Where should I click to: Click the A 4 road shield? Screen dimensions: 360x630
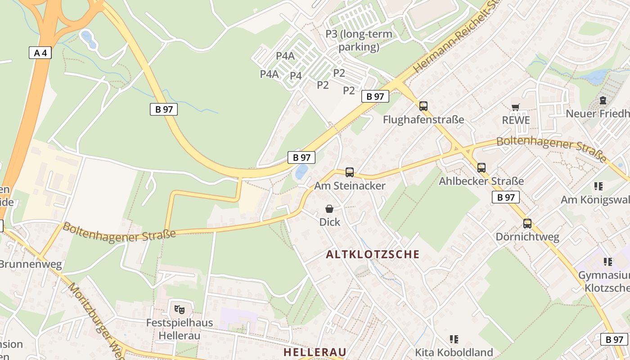(x=40, y=53)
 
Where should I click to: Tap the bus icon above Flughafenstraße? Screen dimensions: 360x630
(x=423, y=106)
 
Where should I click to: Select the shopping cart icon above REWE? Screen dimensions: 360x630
(x=516, y=107)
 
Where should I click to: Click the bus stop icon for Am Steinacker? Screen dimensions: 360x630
(x=350, y=172)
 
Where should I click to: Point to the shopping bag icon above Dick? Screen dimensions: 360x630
(x=329, y=209)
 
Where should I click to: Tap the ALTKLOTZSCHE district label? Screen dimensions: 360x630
(x=373, y=254)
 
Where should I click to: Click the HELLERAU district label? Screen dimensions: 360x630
(x=315, y=352)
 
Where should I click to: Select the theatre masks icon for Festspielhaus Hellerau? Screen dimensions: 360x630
(x=179, y=309)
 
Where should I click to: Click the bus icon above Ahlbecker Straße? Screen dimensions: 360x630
(x=481, y=168)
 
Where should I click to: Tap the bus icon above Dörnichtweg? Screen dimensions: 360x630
(x=527, y=224)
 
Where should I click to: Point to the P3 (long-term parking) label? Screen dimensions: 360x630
(x=359, y=40)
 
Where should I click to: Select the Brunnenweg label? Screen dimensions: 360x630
(x=30, y=264)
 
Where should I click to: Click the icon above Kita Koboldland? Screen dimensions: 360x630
(x=454, y=339)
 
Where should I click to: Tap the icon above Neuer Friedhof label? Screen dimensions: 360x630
(x=603, y=100)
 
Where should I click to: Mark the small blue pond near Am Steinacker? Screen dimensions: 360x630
(x=301, y=172)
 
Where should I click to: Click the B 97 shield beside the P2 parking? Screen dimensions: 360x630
(x=375, y=96)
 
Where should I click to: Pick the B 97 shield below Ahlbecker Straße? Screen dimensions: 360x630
(x=505, y=197)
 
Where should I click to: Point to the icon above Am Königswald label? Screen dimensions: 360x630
(x=598, y=186)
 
